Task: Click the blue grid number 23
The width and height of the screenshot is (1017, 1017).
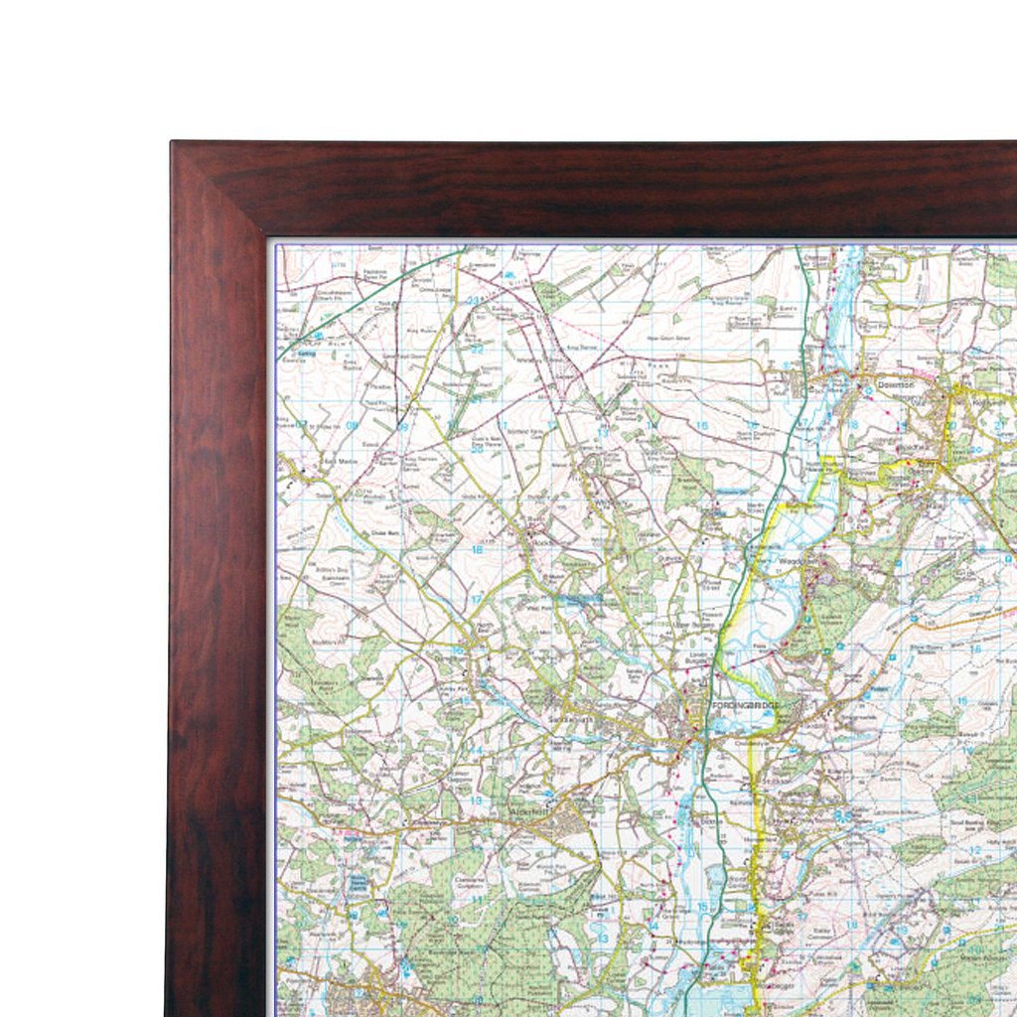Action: tap(475, 300)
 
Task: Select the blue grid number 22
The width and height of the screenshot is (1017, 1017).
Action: tap(477, 350)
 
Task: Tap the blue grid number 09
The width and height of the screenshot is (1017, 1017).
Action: tap(403, 426)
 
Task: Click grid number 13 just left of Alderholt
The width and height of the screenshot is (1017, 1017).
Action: tap(477, 799)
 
